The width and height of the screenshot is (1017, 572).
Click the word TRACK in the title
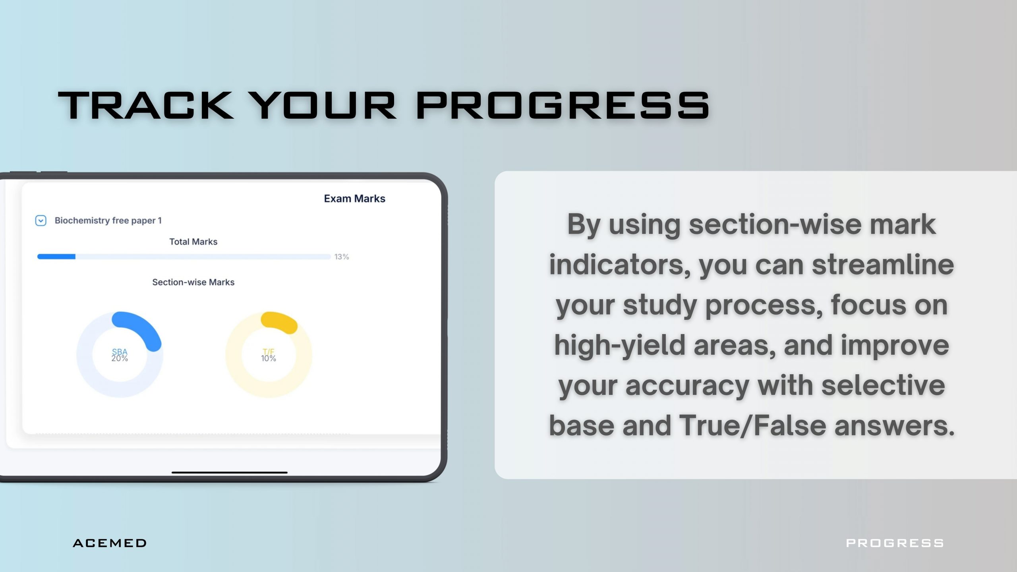(146, 105)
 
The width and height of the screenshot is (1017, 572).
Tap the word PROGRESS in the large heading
(563, 105)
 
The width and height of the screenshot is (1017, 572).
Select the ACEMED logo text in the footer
(110, 543)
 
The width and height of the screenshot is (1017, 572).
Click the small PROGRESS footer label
(895, 543)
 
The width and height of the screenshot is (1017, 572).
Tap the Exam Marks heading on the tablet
(354, 199)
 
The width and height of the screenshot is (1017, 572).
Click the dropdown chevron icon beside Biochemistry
(41, 220)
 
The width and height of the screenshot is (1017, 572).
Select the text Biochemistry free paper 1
(108, 220)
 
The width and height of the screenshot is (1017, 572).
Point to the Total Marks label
(193, 242)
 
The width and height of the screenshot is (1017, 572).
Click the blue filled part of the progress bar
(56, 257)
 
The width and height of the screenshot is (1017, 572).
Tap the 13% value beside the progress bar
(342, 257)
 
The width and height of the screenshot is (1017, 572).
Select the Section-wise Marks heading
(193, 282)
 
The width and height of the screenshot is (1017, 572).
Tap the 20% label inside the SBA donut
(120, 358)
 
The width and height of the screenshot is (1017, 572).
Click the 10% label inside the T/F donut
(269, 358)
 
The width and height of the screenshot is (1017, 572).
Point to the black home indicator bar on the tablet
(230, 473)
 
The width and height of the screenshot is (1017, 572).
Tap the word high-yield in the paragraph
(620, 345)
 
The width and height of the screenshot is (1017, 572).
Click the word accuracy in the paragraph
(687, 386)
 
